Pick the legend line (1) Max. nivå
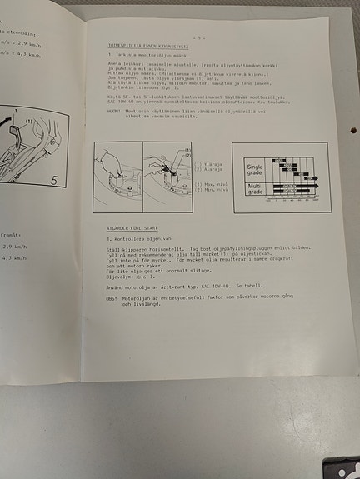[212, 183]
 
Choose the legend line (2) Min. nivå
[212, 189]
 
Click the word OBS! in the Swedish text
[111, 297]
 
